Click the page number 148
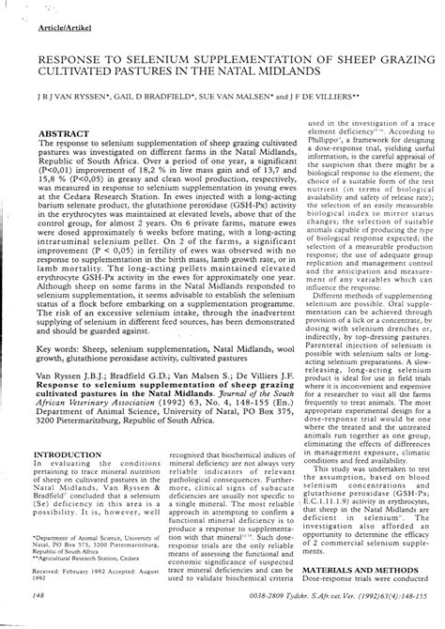point(37,597)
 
